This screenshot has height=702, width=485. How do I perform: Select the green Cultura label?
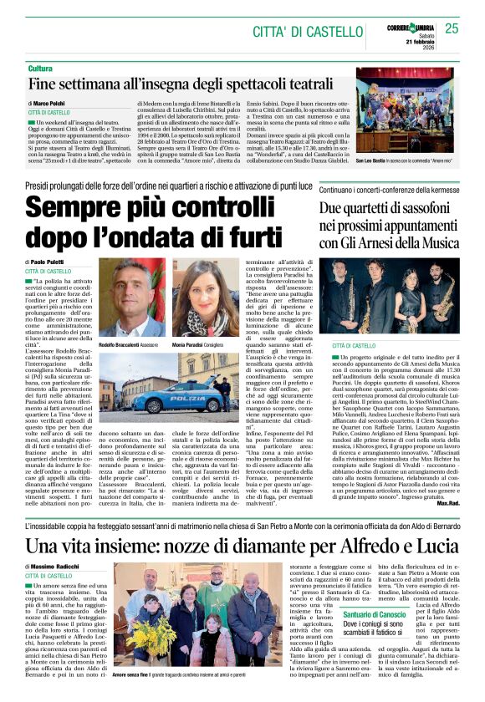(x=40, y=68)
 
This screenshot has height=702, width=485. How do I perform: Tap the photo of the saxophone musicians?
(x=391, y=293)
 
